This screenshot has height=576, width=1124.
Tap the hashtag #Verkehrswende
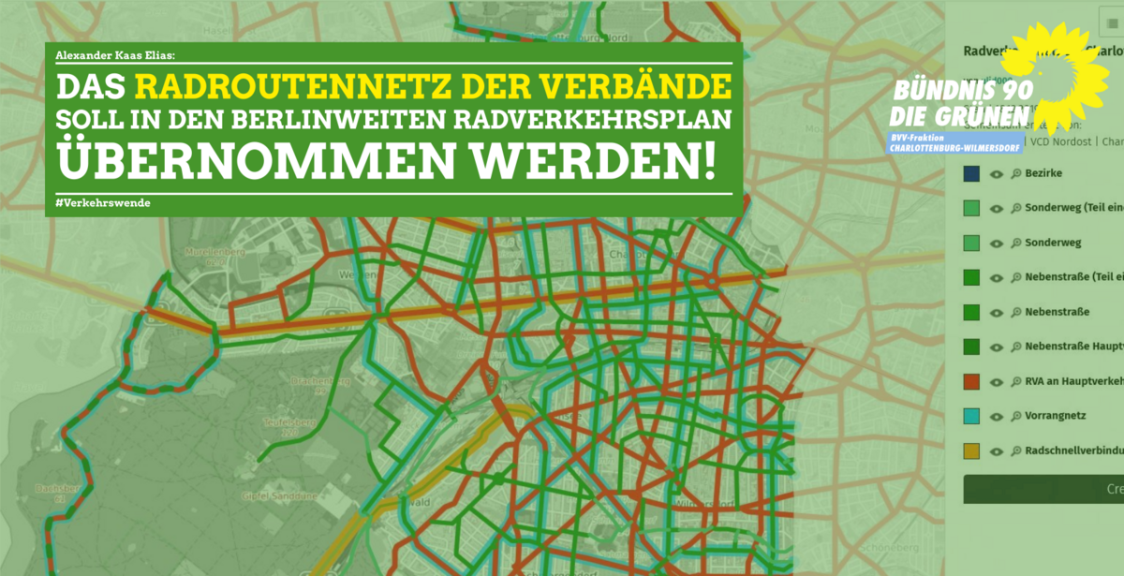(x=103, y=203)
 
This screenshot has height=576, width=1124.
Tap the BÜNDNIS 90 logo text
(x=950, y=92)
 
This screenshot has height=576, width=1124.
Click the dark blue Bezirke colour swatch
(x=972, y=173)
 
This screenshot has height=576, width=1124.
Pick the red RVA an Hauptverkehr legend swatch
(x=972, y=381)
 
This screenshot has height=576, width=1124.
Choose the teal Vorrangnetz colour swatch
(x=972, y=416)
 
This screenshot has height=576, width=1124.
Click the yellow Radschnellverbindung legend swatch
(x=972, y=450)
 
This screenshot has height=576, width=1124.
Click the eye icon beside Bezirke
(x=997, y=174)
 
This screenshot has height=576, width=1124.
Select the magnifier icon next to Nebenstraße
(x=1015, y=312)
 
